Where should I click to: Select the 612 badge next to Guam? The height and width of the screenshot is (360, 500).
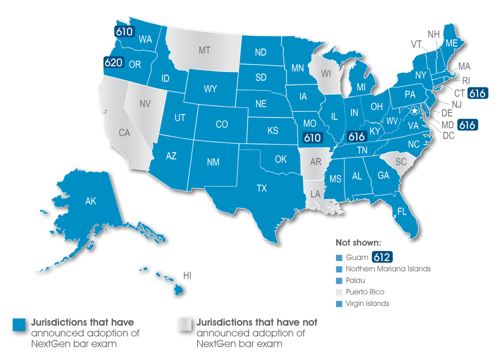(381, 257)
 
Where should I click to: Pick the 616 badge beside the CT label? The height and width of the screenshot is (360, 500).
(477, 93)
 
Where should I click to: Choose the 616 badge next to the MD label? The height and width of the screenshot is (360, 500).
(467, 125)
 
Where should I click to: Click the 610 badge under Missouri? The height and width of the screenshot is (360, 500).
(313, 137)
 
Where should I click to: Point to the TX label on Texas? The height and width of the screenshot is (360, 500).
(262, 188)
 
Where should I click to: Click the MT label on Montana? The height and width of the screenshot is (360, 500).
(204, 50)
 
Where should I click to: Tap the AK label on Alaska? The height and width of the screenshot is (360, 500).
(90, 201)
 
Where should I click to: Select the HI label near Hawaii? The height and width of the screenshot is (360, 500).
(187, 275)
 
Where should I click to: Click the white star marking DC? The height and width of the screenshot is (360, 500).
(414, 111)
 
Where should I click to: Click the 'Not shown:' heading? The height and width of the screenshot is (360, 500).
(358, 243)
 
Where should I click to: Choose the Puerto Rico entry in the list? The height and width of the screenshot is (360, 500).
(365, 292)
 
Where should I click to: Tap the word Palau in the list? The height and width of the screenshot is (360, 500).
(354, 280)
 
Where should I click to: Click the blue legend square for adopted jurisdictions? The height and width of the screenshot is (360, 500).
(19, 324)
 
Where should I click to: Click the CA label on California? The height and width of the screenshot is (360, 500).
(124, 132)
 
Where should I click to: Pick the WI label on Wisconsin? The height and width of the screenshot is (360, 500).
(326, 74)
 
